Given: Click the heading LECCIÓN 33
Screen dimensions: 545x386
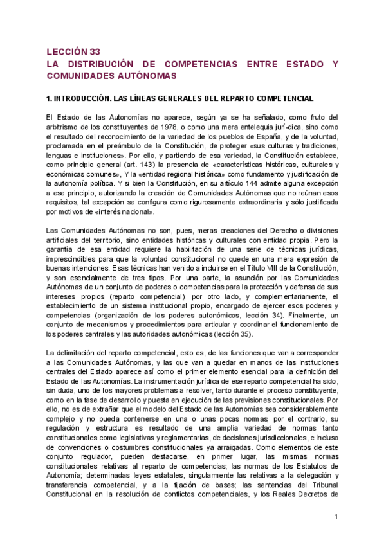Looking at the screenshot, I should pyautogui.click(x=73, y=52).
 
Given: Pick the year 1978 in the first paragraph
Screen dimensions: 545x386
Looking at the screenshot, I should pyautogui.click(x=173, y=126).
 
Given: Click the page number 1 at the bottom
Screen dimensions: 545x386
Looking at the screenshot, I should pyautogui.click(x=336, y=517).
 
